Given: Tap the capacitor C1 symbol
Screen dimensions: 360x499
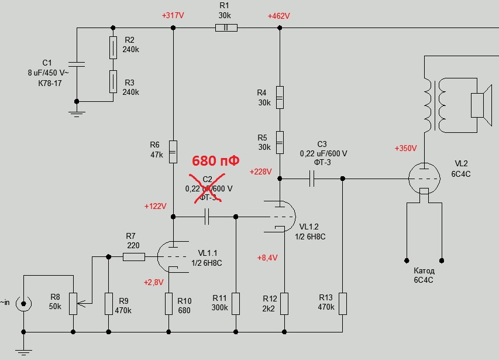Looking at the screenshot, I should point(77,64).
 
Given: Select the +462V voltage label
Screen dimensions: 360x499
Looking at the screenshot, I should point(278,16).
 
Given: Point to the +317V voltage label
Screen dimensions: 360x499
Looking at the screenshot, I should point(173,16).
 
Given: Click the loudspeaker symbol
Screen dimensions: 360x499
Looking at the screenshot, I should point(480,105).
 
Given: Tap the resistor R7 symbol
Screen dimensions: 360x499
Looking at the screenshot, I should point(134,256).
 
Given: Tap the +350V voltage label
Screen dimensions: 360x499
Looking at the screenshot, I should point(406,148).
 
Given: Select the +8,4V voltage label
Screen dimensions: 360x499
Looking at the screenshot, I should point(267,258).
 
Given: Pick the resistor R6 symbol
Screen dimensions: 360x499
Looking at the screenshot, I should point(173,152).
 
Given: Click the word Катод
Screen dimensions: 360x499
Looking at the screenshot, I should point(424,271).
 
